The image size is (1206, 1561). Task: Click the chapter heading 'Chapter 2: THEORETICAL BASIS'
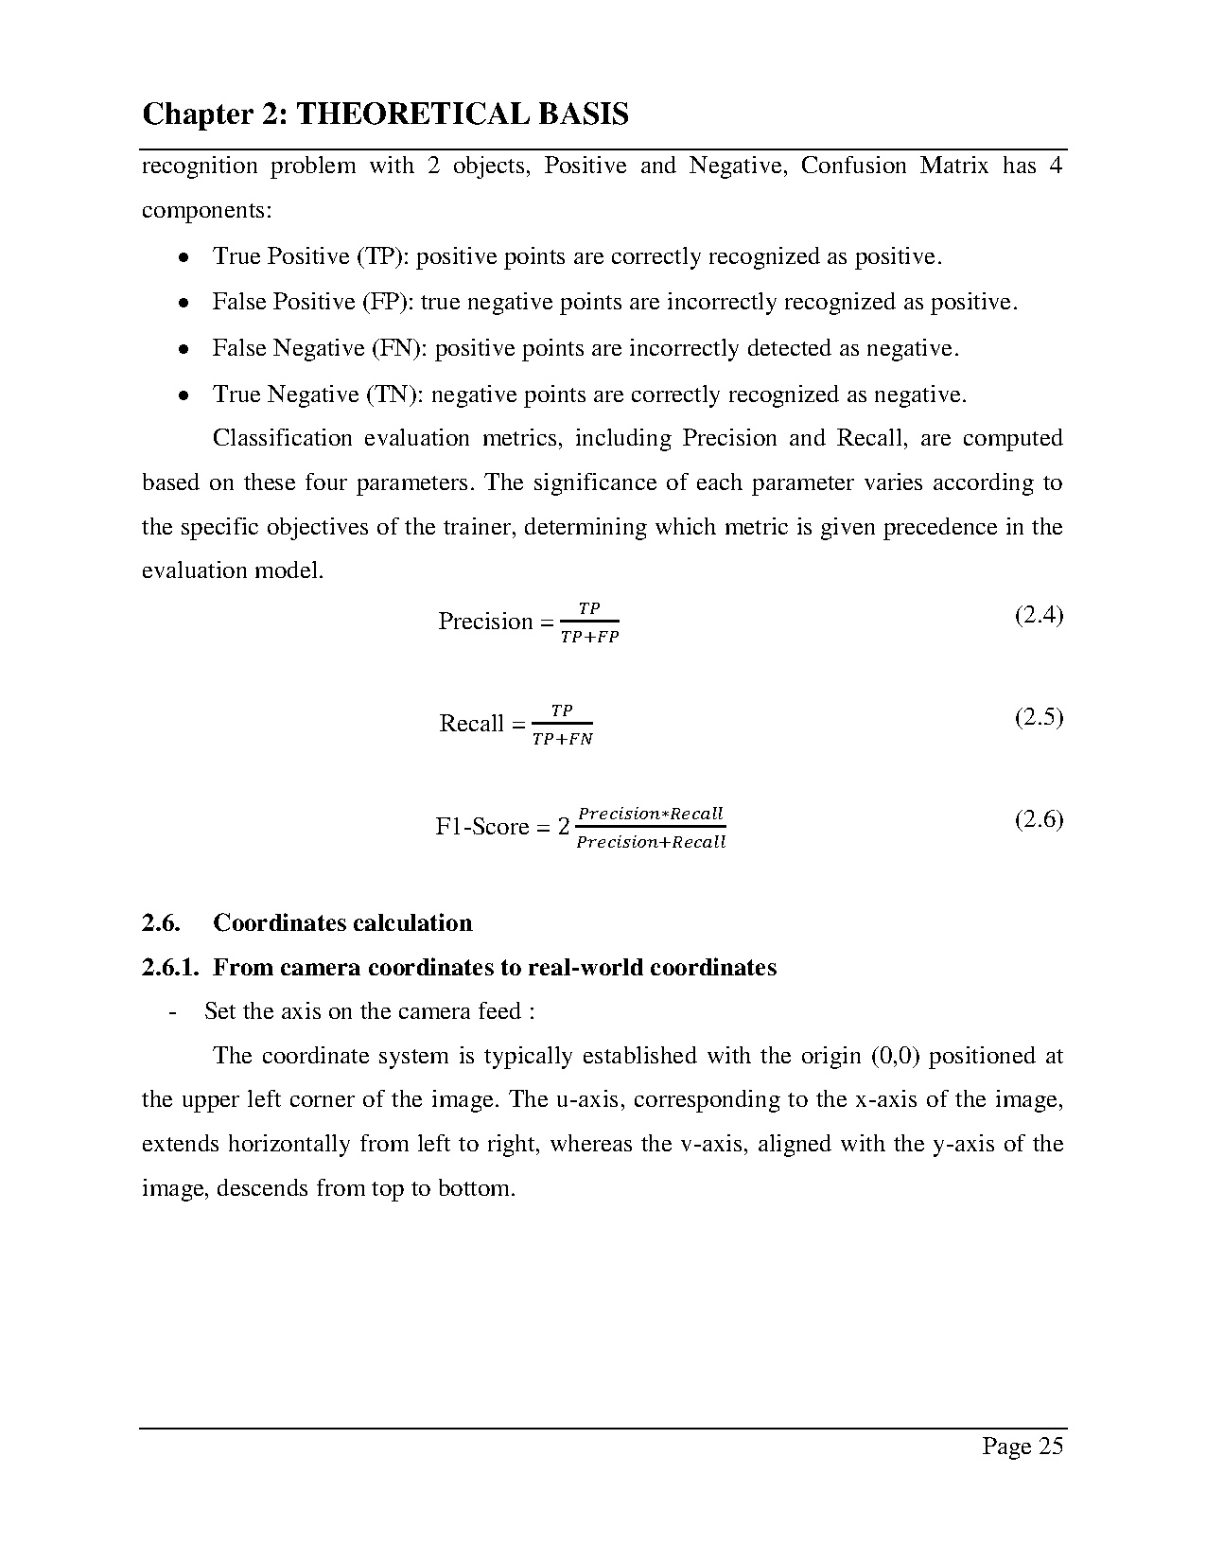(385, 115)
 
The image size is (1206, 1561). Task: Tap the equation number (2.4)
(1039, 616)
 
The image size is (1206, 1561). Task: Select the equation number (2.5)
(1039, 717)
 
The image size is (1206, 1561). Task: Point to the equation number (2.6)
(1039, 819)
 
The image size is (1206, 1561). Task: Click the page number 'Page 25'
(1022, 1446)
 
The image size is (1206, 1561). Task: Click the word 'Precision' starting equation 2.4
(485, 622)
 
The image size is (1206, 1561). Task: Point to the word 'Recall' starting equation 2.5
(471, 724)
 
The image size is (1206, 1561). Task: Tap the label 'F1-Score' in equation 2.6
(481, 827)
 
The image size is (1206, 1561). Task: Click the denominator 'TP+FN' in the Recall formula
(562, 740)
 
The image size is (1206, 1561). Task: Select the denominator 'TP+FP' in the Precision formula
(589, 638)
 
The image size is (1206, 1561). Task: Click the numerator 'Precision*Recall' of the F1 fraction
(650, 814)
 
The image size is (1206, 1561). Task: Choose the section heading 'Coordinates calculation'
(342, 923)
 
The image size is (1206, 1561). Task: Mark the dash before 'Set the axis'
(172, 1012)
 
